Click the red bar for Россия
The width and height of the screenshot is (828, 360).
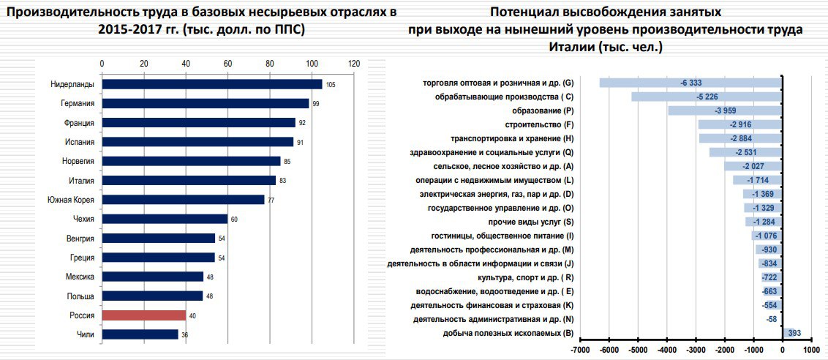pos(144,315)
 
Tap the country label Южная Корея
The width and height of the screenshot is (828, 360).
pos(71,200)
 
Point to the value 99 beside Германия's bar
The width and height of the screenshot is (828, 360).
pos(316,104)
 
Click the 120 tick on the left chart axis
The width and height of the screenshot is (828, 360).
pos(355,64)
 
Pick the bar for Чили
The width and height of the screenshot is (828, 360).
pos(140,334)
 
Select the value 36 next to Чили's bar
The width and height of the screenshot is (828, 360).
pos(186,335)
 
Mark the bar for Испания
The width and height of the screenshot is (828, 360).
pos(197,142)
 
